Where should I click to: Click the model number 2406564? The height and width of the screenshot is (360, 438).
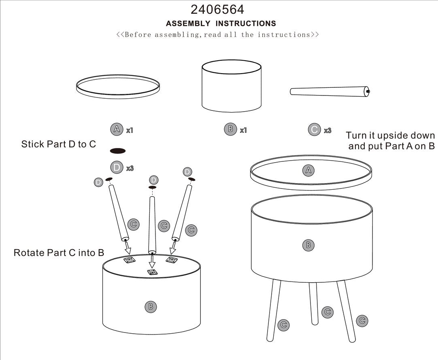217,9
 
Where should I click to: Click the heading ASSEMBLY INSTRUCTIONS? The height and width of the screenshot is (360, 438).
221,23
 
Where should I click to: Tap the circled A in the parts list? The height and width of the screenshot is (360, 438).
117,129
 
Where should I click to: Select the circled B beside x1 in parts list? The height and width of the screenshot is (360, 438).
230,129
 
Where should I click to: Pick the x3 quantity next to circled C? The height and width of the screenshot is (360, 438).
327,130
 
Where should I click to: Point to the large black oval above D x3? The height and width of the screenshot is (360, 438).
118,151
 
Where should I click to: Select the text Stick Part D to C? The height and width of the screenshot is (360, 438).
59,144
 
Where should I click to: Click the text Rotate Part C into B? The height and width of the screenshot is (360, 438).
59,253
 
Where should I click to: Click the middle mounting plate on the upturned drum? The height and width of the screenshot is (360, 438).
153,273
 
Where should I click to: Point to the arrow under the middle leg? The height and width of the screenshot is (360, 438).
152,262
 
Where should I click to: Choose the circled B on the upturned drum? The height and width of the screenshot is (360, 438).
151,306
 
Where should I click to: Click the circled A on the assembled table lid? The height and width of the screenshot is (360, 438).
308,170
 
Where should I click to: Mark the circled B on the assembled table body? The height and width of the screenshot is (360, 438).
308,244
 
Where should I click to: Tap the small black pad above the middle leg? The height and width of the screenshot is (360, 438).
153,188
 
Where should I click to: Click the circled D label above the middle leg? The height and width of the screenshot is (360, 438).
153,180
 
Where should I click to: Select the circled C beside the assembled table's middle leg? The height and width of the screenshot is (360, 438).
327,312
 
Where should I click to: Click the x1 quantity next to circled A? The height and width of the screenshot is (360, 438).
130,130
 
